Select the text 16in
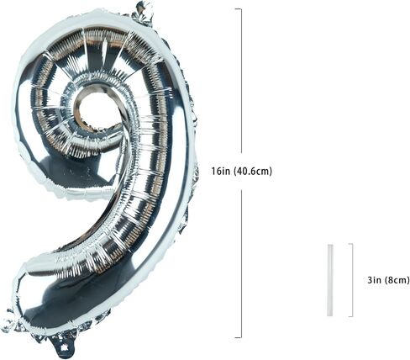click(x=221, y=171)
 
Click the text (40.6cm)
click(x=253, y=171)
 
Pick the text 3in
click(x=375, y=280)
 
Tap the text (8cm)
click(x=397, y=280)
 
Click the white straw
click(x=330, y=280)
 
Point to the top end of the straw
click(x=330, y=245)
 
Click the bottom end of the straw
click(x=330, y=316)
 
